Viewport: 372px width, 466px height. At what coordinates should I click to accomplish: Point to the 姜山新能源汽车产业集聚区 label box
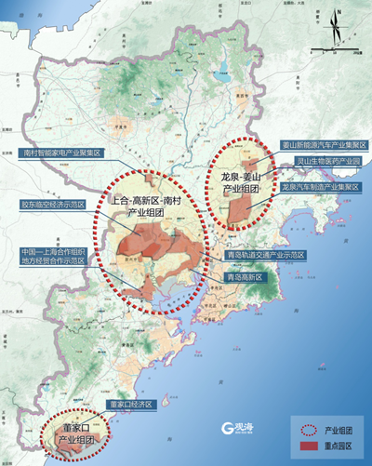click(x=325, y=146)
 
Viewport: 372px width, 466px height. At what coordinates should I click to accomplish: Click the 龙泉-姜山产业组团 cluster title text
click(x=242, y=181)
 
